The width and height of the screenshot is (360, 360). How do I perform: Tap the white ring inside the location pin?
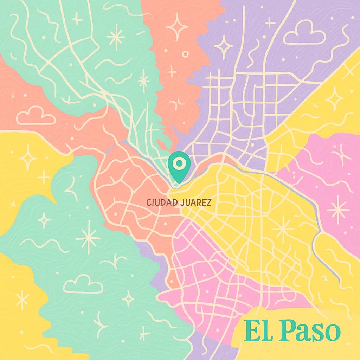tap(179, 163)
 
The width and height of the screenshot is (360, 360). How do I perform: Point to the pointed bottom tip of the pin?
tap(179, 182)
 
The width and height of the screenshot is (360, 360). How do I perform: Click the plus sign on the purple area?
tap(270, 23)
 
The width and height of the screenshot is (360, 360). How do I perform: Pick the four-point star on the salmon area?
tap(177, 27)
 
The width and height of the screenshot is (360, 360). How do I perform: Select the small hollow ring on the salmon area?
tap(185, 54)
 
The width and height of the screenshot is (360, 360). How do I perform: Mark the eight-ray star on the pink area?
tap(338, 210)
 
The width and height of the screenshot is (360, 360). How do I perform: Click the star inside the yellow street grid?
tap(282, 229)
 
